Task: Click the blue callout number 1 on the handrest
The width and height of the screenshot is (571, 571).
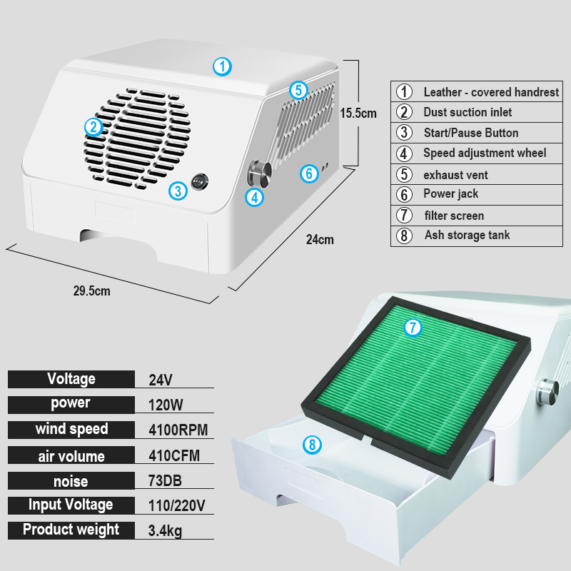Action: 223,67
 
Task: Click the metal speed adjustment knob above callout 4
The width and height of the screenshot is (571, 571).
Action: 258,172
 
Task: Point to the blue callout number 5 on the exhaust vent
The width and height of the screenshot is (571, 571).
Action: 298,90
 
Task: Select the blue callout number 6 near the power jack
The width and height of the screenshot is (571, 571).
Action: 308,173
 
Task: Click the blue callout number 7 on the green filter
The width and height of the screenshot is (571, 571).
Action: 413,328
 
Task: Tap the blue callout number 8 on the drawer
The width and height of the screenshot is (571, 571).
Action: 311,445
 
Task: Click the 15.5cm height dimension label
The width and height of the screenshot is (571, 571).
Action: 358,113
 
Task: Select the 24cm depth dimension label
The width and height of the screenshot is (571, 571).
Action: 320,240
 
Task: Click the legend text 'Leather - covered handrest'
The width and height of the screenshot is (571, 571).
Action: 491,92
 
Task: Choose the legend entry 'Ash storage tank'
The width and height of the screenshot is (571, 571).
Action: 467,235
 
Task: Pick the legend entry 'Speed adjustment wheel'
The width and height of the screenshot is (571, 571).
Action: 485,153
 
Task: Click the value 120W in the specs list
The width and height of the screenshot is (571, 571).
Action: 166,405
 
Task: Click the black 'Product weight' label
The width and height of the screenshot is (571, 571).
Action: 71,530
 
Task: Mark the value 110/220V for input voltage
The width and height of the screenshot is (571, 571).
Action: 177,506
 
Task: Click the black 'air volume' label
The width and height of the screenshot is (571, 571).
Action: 71,456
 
